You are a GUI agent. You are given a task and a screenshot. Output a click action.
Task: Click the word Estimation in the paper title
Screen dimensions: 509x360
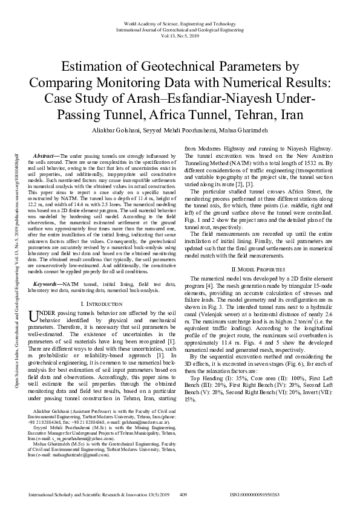tap(89, 66)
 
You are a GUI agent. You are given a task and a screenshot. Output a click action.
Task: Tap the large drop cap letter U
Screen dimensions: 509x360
tap(35, 317)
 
